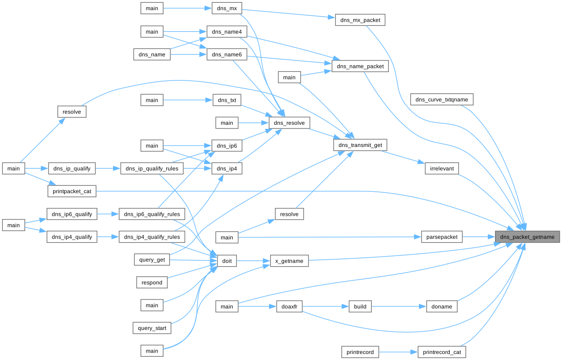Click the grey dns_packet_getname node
click(527, 237)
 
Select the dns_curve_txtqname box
click(442, 99)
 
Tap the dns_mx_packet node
click(360, 20)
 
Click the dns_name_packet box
click(360, 67)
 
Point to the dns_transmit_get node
click(360, 145)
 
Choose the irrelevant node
click(442, 169)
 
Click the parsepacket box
click(442, 237)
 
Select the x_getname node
click(289, 261)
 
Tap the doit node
click(227, 261)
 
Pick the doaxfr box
click(289, 306)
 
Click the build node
click(360, 306)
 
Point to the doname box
click(442, 306)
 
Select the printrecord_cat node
click(442, 352)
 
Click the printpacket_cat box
click(72, 191)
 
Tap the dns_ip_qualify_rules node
click(152, 169)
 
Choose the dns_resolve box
click(289, 122)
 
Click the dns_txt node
click(227, 100)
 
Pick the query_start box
click(152, 328)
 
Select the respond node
click(152, 282)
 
